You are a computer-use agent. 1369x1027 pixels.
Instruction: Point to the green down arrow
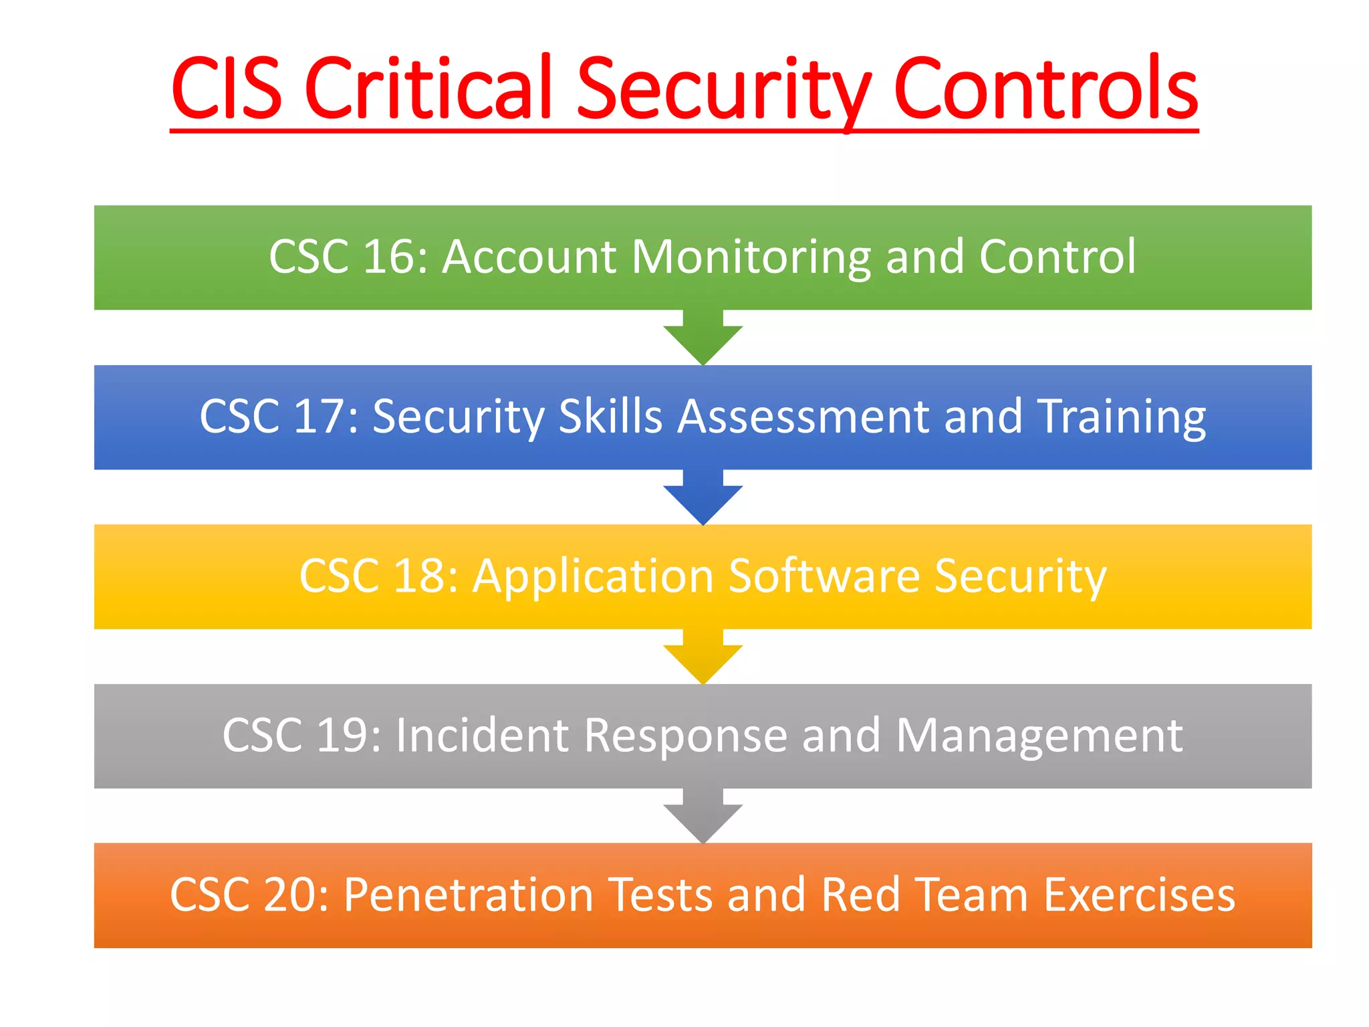point(703,338)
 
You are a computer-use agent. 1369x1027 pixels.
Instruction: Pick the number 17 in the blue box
point(319,417)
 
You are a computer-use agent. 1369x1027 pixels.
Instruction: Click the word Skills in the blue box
point(609,417)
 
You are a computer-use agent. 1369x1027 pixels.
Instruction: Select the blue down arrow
point(703,498)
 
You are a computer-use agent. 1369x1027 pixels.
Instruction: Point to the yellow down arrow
point(703,657)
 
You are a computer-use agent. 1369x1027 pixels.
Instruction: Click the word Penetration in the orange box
point(469,895)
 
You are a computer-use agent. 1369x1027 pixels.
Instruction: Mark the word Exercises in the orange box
point(1139,895)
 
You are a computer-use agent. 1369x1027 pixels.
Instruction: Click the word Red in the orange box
point(860,895)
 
